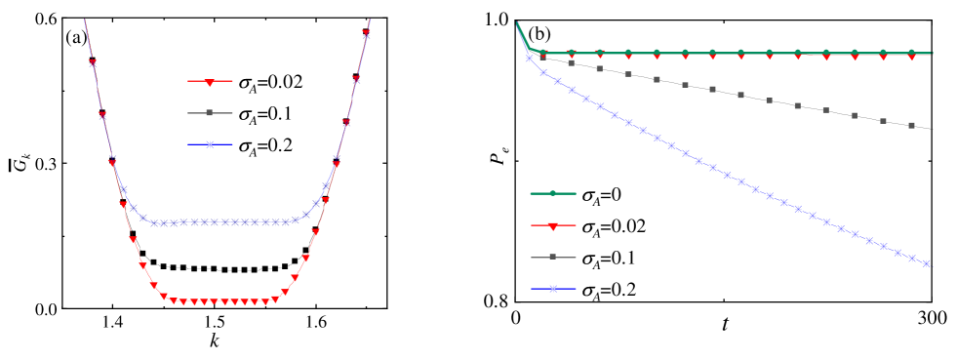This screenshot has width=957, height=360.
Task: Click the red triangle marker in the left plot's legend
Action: coord(210,82)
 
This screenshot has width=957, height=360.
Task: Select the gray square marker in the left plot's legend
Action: coord(210,113)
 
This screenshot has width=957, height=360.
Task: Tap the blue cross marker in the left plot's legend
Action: coord(210,145)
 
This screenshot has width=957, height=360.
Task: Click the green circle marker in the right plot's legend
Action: coord(553,193)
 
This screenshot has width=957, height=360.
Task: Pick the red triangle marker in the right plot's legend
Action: coord(553,226)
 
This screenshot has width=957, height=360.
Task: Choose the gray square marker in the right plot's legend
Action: coord(553,258)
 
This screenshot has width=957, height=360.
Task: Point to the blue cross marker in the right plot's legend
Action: coord(553,289)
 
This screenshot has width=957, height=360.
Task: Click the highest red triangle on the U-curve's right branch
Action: coord(366,32)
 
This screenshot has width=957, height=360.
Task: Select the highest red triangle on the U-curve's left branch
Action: coord(93,62)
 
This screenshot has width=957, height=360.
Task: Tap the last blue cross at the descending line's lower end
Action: coord(926,263)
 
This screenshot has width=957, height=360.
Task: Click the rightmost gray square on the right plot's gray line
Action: coord(911,125)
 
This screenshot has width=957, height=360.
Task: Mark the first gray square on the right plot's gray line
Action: coord(543,57)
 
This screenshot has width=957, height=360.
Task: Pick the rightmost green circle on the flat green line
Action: coord(911,52)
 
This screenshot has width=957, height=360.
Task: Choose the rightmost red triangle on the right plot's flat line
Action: coord(911,57)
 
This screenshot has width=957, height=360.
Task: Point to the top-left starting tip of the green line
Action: coord(517,22)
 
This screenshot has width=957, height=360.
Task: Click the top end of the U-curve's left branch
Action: coord(84,19)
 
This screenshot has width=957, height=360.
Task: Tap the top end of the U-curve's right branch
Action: coord(370,19)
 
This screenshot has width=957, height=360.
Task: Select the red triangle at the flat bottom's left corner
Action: coord(163,297)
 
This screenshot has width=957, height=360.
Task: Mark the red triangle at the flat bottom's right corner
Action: coord(275,300)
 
